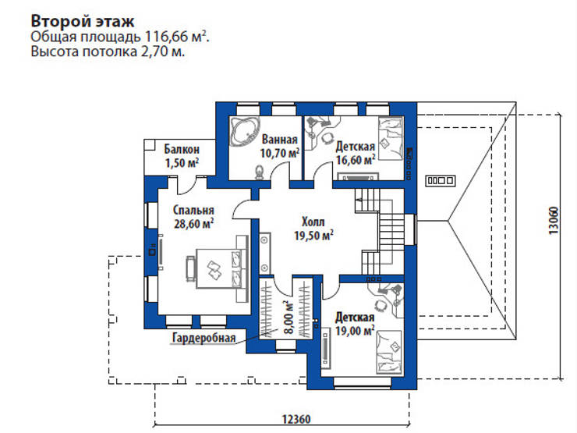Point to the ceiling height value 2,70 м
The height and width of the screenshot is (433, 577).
[x=167, y=52]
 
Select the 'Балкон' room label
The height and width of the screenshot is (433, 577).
[x=182, y=148]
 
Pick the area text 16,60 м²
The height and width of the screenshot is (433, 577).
[x=356, y=159]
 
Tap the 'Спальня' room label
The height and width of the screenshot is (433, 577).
[x=193, y=210]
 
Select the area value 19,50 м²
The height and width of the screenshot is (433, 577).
[x=313, y=234]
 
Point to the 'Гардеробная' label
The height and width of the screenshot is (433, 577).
[x=202, y=338]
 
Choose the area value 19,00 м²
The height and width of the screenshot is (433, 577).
[x=356, y=331]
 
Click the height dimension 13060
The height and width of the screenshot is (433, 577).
[x=552, y=219]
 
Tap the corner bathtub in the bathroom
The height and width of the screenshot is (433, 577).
[x=246, y=131]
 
